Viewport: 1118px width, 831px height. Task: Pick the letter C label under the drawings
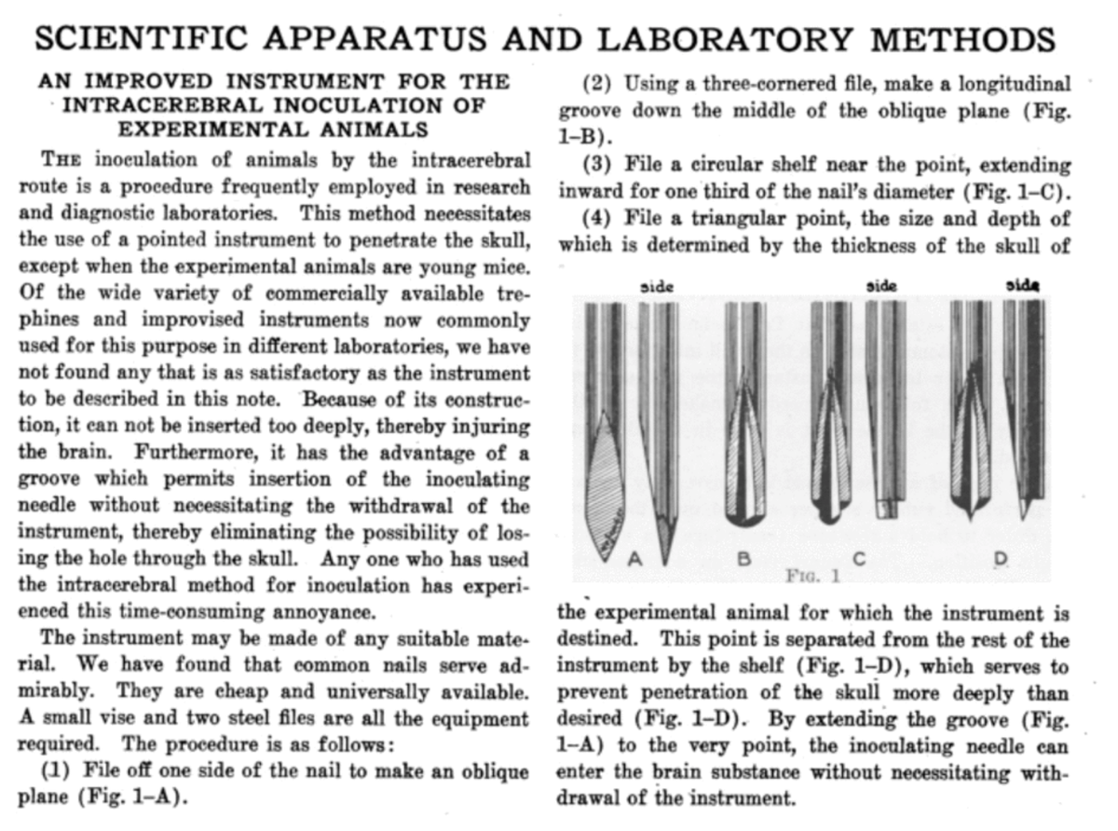tap(858, 559)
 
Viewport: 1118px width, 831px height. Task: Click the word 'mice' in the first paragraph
tap(505, 267)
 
